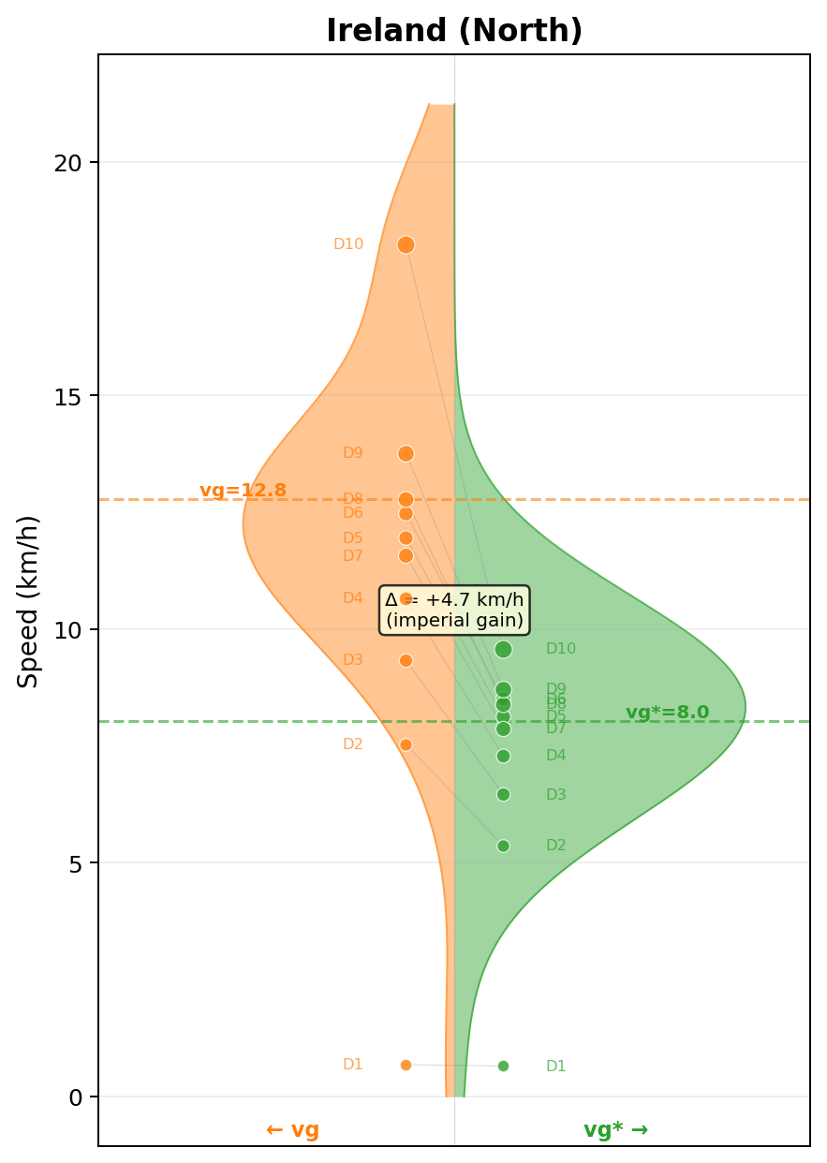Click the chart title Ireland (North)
454,31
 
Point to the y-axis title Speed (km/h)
29,601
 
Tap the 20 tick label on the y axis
68,163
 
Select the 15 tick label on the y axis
68,396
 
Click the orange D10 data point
406,244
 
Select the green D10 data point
503,649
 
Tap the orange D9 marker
406,453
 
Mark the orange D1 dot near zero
406,1065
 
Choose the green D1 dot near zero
503,1066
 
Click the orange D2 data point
406,744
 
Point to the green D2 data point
503,846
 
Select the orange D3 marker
406,660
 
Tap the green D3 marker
503,794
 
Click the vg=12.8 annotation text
243,491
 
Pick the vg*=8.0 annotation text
667,713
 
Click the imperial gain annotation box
454,610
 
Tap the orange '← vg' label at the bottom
292,1130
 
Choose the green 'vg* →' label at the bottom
615,1130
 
